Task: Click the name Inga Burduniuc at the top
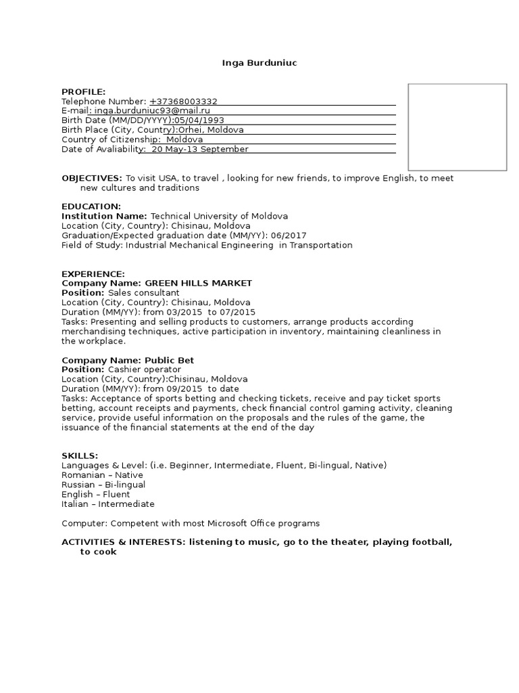(x=259, y=63)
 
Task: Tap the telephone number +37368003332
(x=183, y=102)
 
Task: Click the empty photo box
(x=457, y=127)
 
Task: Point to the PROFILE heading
(x=84, y=92)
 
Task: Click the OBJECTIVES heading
(x=92, y=178)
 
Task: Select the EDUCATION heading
(x=91, y=206)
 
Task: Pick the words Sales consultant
(x=144, y=292)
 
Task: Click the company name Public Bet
(x=169, y=360)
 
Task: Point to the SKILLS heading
(x=80, y=455)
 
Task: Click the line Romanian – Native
(x=102, y=475)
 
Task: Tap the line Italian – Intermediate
(x=108, y=504)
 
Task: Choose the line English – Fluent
(x=96, y=494)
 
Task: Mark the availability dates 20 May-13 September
(x=200, y=149)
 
